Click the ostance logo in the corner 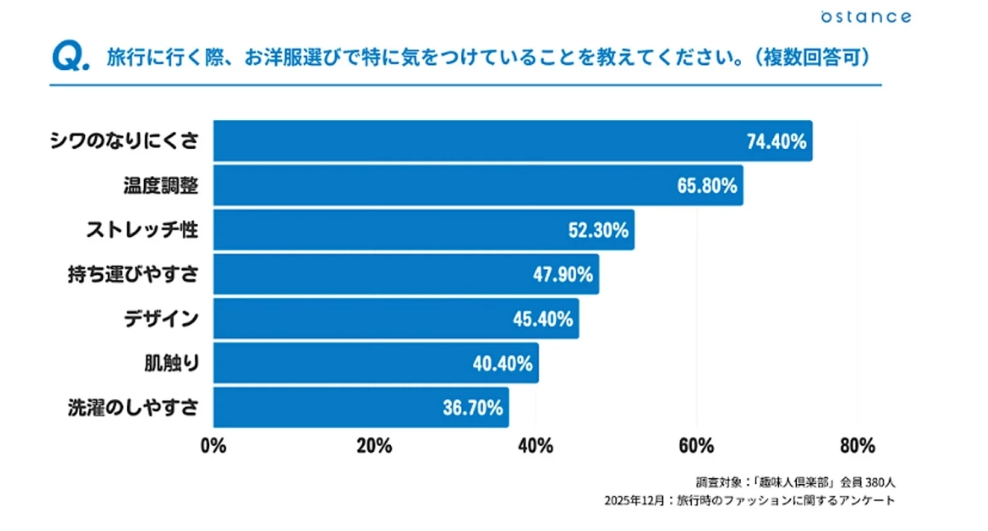click(865, 16)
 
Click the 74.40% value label click(776, 142)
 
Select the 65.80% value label click(706, 186)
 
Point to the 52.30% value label click(599, 231)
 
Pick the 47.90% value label click(563, 275)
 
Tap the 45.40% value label click(543, 319)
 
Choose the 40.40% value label click(502, 364)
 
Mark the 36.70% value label click(473, 408)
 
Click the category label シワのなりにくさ click(123, 142)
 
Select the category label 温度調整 click(156, 186)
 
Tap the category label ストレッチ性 click(142, 231)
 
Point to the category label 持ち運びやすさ click(133, 275)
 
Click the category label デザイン click(161, 319)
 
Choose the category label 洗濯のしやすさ click(133, 408)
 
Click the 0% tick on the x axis click(213, 446)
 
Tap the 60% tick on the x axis click(696, 446)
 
